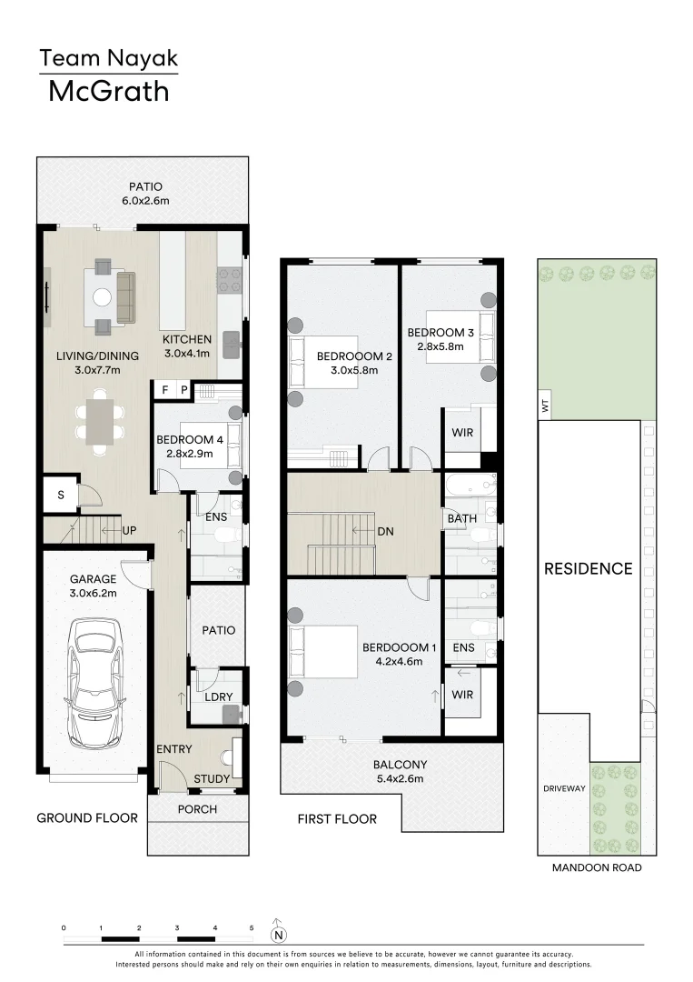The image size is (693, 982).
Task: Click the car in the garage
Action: click(x=97, y=671)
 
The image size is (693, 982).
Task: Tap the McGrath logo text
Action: click(x=108, y=91)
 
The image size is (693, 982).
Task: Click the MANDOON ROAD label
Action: click(x=597, y=867)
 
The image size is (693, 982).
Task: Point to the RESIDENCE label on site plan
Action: click(x=588, y=569)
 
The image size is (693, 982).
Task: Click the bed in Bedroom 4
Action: click(x=211, y=446)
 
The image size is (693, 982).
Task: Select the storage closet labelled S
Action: click(x=60, y=496)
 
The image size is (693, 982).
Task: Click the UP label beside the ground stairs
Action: click(x=129, y=529)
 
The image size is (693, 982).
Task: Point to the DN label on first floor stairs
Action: click(x=384, y=529)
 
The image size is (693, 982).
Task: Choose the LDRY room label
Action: click(x=219, y=696)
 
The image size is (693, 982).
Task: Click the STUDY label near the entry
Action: click(x=212, y=778)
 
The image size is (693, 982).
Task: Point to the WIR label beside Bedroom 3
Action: click(x=462, y=433)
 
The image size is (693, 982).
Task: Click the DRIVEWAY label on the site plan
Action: click(x=564, y=788)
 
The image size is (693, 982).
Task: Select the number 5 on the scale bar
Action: click(x=252, y=927)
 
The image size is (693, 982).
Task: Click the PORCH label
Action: click(x=196, y=809)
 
